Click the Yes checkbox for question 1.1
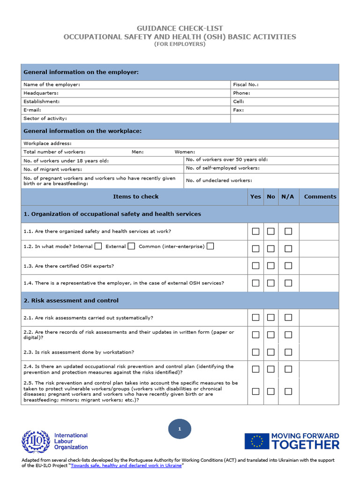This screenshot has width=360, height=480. click(x=255, y=231)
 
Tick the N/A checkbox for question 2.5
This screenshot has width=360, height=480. click(x=288, y=391)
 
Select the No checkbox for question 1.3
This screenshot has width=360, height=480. click(x=271, y=266)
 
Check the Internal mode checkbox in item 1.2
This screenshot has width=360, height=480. click(x=98, y=246)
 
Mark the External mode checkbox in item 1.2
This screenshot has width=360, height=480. click(x=132, y=246)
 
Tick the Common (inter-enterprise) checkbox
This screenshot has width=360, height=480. click(x=210, y=246)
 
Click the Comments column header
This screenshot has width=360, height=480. click(x=320, y=197)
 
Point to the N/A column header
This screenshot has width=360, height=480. click(x=287, y=197)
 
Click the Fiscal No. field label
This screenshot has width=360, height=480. click(x=246, y=85)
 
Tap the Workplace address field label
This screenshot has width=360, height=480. click(x=47, y=143)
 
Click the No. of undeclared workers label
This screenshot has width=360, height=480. click(x=218, y=180)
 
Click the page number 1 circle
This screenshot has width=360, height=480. click(x=180, y=429)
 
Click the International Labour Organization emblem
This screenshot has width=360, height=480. click(x=36, y=442)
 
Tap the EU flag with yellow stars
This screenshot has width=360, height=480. click(x=257, y=441)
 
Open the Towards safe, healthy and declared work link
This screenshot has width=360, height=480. click(x=126, y=466)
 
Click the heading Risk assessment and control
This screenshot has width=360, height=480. click(x=71, y=300)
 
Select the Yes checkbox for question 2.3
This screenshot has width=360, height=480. click(x=255, y=352)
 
